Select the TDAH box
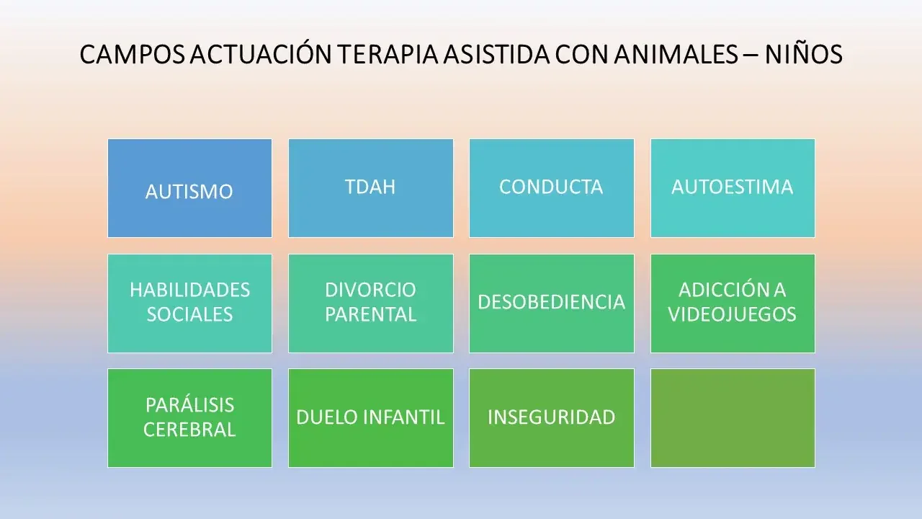(370, 187)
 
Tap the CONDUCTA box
(551, 187)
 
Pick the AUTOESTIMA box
(733, 187)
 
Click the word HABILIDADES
(189, 290)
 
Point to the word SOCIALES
(189, 315)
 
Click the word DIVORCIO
(370, 290)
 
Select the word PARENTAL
(370, 315)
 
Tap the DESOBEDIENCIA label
(551, 302)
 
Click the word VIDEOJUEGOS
(733, 315)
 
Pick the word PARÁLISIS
(189, 404)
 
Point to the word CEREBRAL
(189, 430)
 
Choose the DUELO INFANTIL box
(370, 417)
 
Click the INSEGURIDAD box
(551, 417)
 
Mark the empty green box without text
(733, 417)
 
